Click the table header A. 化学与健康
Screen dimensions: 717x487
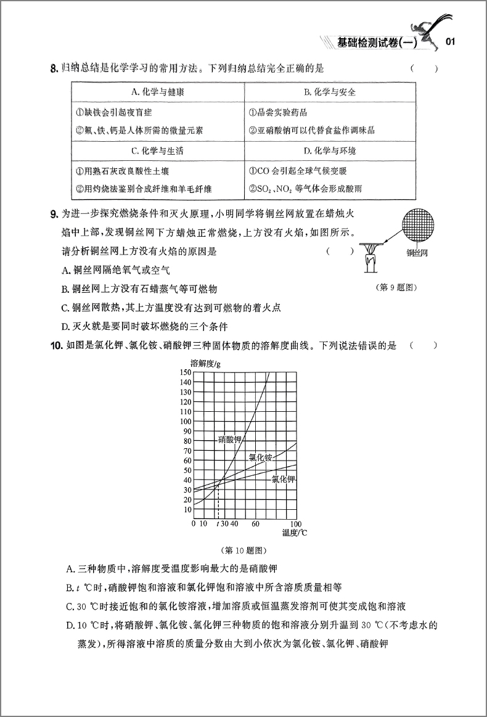point(158,92)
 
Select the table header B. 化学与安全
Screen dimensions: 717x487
point(330,92)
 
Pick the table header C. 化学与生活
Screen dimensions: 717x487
point(158,150)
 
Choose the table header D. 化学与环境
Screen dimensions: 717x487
point(330,150)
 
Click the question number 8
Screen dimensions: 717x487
point(52,69)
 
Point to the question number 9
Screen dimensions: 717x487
point(52,214)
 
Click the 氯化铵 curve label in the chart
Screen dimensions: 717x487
point(260,457)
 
